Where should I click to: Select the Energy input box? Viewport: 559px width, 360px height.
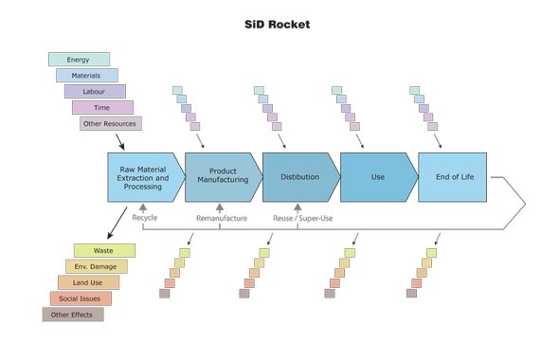(79, 60)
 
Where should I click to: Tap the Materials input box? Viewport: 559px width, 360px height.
(87, 75)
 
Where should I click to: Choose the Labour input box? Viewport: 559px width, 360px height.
(95, 91)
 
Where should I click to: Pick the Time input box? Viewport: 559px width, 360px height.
(102, 107)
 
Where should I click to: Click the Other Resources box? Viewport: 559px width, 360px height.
(110, 123)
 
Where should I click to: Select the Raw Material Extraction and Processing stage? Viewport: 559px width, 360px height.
(142, 177)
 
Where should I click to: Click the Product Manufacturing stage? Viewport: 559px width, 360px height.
(222, 177)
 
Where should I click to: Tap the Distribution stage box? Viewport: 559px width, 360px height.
(298, 177)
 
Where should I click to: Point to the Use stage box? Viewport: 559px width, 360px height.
(377, 177)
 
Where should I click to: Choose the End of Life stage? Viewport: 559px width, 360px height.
(453, 177)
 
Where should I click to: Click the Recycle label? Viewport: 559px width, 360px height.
(144, 218)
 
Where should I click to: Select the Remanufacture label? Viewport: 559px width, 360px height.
(222, 218)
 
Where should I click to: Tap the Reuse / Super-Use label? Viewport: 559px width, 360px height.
(302, 218)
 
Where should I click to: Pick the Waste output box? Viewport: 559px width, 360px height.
(104, 250)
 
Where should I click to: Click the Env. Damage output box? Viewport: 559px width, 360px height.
(96, 266)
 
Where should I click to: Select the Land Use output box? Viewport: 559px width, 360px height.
(88, 282)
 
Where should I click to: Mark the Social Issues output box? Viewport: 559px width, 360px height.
(81, 298)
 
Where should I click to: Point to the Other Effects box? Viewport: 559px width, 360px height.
(72, 315)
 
